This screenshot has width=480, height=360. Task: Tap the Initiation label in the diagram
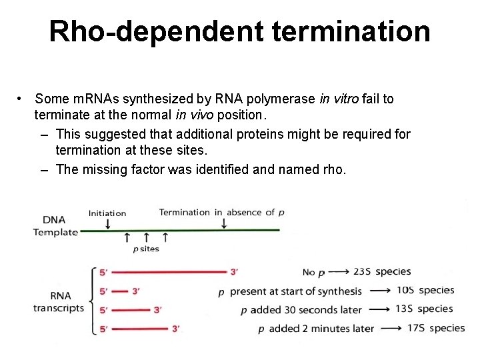107,213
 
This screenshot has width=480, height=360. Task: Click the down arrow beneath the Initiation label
108,224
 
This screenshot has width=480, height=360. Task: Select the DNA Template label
55,226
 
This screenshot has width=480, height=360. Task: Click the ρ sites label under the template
146,249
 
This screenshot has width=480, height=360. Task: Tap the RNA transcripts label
59,301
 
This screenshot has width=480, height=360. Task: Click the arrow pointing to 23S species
338,271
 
